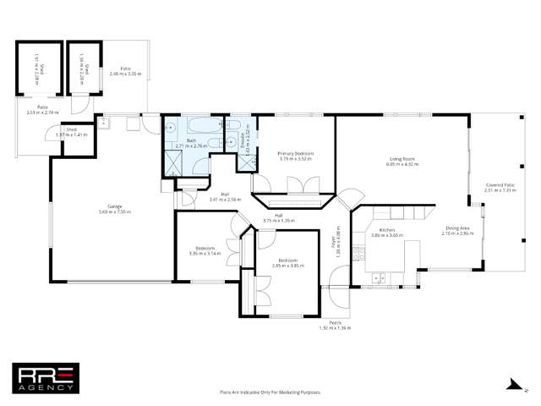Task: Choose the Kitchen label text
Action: point(387,230)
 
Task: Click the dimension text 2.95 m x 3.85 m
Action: point(287,265)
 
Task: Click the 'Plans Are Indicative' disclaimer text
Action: point(270,392)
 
